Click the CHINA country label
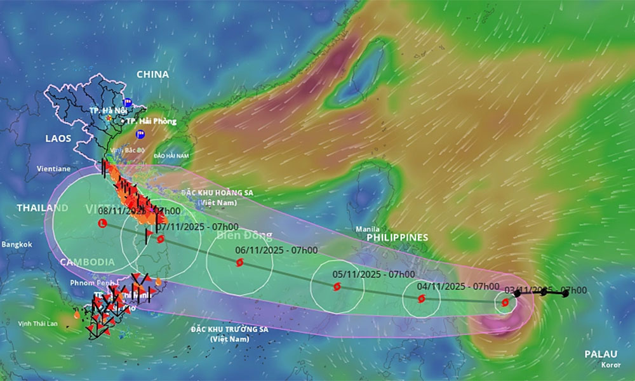(152, 74)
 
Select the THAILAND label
(42, 208)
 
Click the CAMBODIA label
(88, 262)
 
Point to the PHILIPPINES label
(398, 237)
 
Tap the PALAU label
(600, 354)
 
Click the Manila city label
(368, 229)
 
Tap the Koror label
(611, 365)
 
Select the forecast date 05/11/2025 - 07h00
(373, 274)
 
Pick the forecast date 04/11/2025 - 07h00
(458, 286)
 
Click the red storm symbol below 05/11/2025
(337, 287)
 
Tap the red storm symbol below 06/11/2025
(239, 262)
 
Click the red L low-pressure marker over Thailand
(102, 224)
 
